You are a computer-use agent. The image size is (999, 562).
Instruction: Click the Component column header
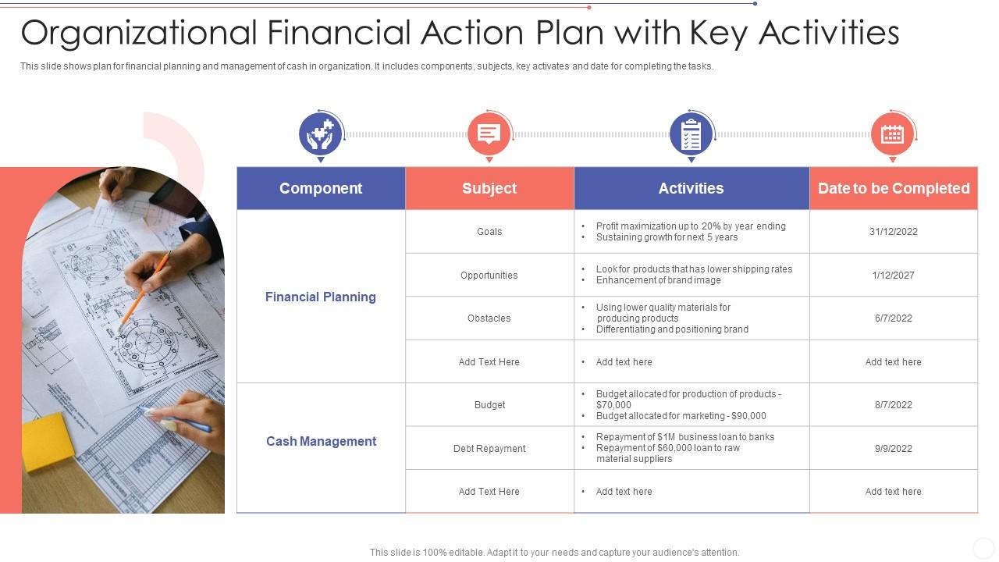click(x=321, y=188)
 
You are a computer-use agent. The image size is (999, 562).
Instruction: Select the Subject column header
click(x=489, y=188)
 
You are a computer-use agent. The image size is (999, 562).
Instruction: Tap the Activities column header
click(x=691, y=188)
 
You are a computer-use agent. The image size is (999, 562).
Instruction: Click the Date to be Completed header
click(x=894, y=188)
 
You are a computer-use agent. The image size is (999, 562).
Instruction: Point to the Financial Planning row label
click(x=321, y=297)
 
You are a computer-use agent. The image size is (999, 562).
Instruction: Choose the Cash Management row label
click(x=321, y=441)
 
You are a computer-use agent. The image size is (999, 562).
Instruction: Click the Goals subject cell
click(x=489, y=232)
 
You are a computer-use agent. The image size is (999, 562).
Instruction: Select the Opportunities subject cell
click(x=489, y=276)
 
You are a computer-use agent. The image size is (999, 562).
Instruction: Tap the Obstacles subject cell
click(x=489, y=318)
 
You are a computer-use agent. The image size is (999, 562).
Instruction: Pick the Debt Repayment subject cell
click(x=489, y=449)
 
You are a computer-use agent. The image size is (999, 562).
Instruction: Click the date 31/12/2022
click(x=894, y=232)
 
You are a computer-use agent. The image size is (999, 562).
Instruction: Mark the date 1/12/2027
click(x=894, y=276)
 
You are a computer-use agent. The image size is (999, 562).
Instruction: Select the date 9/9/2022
click(x=894, y=449)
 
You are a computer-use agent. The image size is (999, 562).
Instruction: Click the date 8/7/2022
click(x=894, y=405)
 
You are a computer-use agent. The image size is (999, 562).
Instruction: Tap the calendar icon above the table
click(x=892, y=134)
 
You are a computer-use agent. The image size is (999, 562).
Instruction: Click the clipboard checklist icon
click(x=691, y=134)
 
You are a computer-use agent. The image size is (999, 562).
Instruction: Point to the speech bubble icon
click(x=489, y=134)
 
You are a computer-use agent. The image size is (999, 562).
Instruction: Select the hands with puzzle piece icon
click(x=321, y=134)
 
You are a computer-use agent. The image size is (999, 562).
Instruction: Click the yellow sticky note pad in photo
click(x=48, y=442)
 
